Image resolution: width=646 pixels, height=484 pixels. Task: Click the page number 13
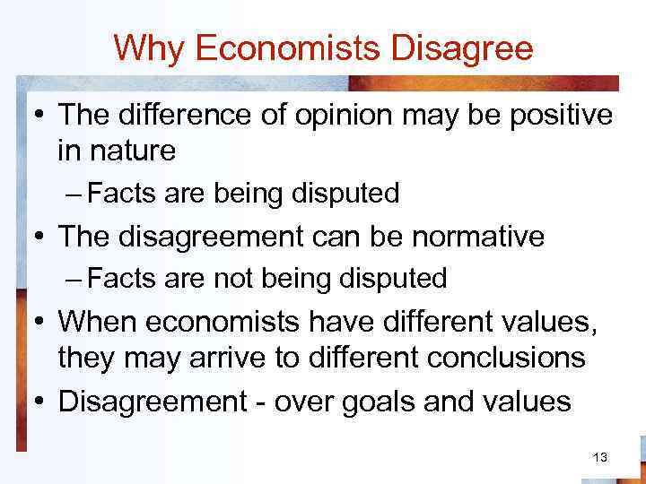(600, 458)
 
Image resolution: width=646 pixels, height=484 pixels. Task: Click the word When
(99, 322)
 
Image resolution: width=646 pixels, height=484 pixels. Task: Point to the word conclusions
(506, 358)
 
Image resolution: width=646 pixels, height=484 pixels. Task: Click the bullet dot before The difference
(41, 115)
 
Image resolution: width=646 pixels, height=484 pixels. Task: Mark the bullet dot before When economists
(41, 322)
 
